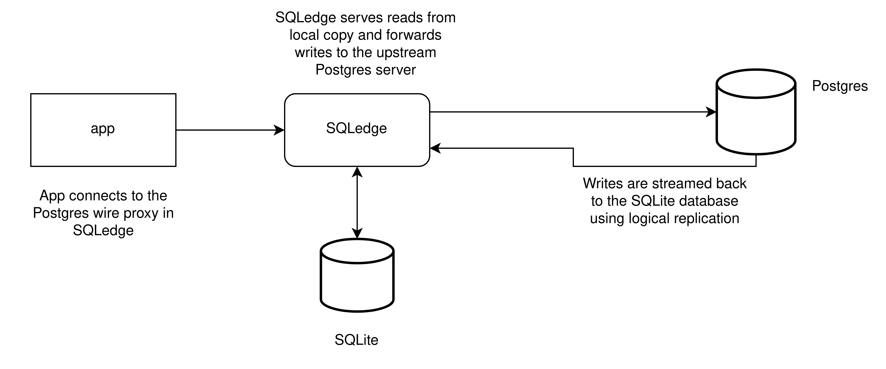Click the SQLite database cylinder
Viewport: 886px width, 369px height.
point(357,275)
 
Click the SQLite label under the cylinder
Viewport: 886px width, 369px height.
point(356,340)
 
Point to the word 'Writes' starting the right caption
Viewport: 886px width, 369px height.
point(603,183)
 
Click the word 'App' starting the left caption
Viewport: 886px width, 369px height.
point(52,196)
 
